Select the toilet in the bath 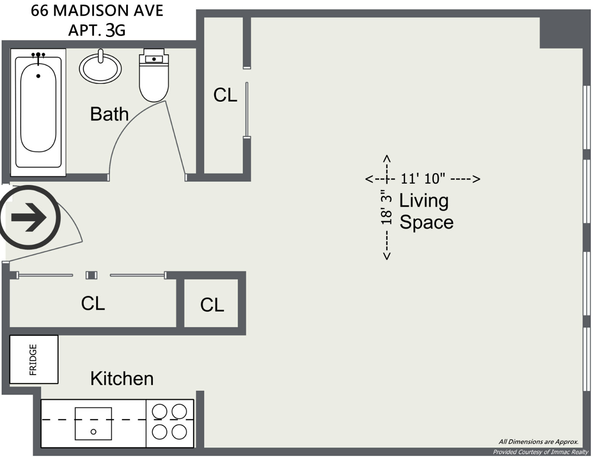[x=154, y=76]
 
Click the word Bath [x=109, y=114]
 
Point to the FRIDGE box [x=34, y=359]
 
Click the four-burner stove [x=170, y=422]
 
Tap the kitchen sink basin [x=93, y=424]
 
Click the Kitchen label [x=122, y=379]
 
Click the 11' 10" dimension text [x=422, y=178]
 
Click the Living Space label [x=426, y=211]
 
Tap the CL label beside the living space [x=225, y=95]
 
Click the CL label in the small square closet [x=212, y=305]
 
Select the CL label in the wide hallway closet [x=93, y=303]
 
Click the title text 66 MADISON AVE [x=97, y=11]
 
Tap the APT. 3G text [x=97, y=30]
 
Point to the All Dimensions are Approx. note [x=538, y=441]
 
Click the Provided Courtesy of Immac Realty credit [x=540, y=452]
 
